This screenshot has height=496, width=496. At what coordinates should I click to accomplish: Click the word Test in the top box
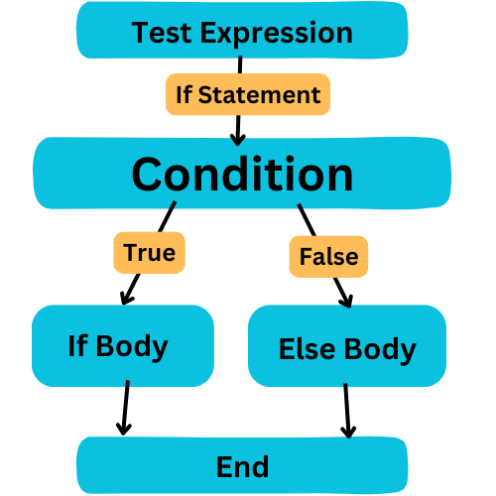click(x=162, y=33)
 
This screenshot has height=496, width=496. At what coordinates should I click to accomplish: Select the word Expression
click(x=277, y=35)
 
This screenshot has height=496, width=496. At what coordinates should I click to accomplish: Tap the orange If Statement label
click(x=248, y=94)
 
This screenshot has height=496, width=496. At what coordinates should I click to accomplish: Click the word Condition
click(x=242, y=174)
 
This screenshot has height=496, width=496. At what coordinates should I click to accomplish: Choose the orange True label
click(x=150, y=253)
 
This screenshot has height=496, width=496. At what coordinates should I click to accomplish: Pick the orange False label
click(x=328, y=257)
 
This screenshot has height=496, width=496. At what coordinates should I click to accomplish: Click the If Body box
click(x=123, y=345)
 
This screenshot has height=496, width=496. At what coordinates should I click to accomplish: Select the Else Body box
click(x=347, y=346)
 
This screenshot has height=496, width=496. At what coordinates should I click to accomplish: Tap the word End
click(x=242, y=466)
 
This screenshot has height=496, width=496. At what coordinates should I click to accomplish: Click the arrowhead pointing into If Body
click(x=126, y=299)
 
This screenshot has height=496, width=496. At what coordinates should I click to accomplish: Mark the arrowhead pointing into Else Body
click(x=346, y=301)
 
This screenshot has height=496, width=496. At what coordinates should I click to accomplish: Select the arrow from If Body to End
click(x=125, y=408)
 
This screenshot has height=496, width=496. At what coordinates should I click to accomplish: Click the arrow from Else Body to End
click(x=347, y=411)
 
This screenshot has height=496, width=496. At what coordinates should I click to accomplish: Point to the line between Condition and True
click(x=167, y=216)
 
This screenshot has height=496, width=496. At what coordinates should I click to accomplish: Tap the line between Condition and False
click(x=307, y=220)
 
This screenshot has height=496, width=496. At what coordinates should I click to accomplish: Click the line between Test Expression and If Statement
click(x=240, y=64)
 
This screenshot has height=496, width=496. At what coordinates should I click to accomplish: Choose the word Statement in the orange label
click(x=259, y=95)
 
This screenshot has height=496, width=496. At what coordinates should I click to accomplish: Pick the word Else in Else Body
click(x=307, y=349)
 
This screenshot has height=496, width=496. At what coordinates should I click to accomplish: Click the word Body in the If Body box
click(x=132, y=347)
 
